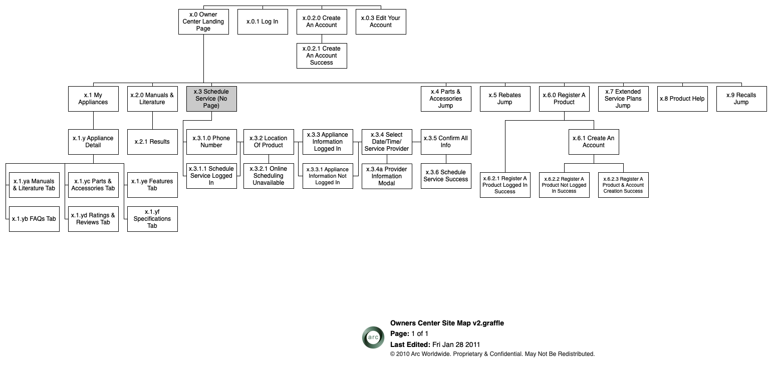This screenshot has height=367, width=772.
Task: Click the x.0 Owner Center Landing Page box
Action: [203, 22]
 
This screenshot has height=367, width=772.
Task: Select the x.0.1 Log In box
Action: [263, 22]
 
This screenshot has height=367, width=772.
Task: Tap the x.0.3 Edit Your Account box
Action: [381, 22]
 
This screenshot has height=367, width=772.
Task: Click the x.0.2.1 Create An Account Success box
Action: [322, 56]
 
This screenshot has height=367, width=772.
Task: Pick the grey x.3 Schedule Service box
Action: [211, 99]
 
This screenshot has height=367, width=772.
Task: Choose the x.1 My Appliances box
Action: [93, 99]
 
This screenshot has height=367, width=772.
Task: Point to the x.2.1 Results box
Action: [152, 142]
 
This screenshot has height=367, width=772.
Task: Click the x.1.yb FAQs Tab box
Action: [34, 219]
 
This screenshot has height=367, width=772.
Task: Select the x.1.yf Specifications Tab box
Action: [152, 219]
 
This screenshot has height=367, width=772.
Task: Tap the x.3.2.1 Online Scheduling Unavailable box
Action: [269, 176]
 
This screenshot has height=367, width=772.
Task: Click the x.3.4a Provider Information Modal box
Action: [387, 176]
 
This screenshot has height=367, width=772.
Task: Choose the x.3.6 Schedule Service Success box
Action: [446, 176]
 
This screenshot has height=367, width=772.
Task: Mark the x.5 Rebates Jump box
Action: [505, 99]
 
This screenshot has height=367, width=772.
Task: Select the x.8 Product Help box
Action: [682, 99]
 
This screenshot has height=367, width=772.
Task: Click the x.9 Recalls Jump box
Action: [741, 99]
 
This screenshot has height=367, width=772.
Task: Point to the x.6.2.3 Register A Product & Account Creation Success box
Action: [623, 185]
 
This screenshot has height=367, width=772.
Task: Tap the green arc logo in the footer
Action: [373, 337]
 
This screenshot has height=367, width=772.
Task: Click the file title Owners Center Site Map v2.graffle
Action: [447, 323]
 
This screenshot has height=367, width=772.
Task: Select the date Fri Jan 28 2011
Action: [456, 344]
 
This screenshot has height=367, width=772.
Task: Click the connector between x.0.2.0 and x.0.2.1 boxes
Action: [322, 39]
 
